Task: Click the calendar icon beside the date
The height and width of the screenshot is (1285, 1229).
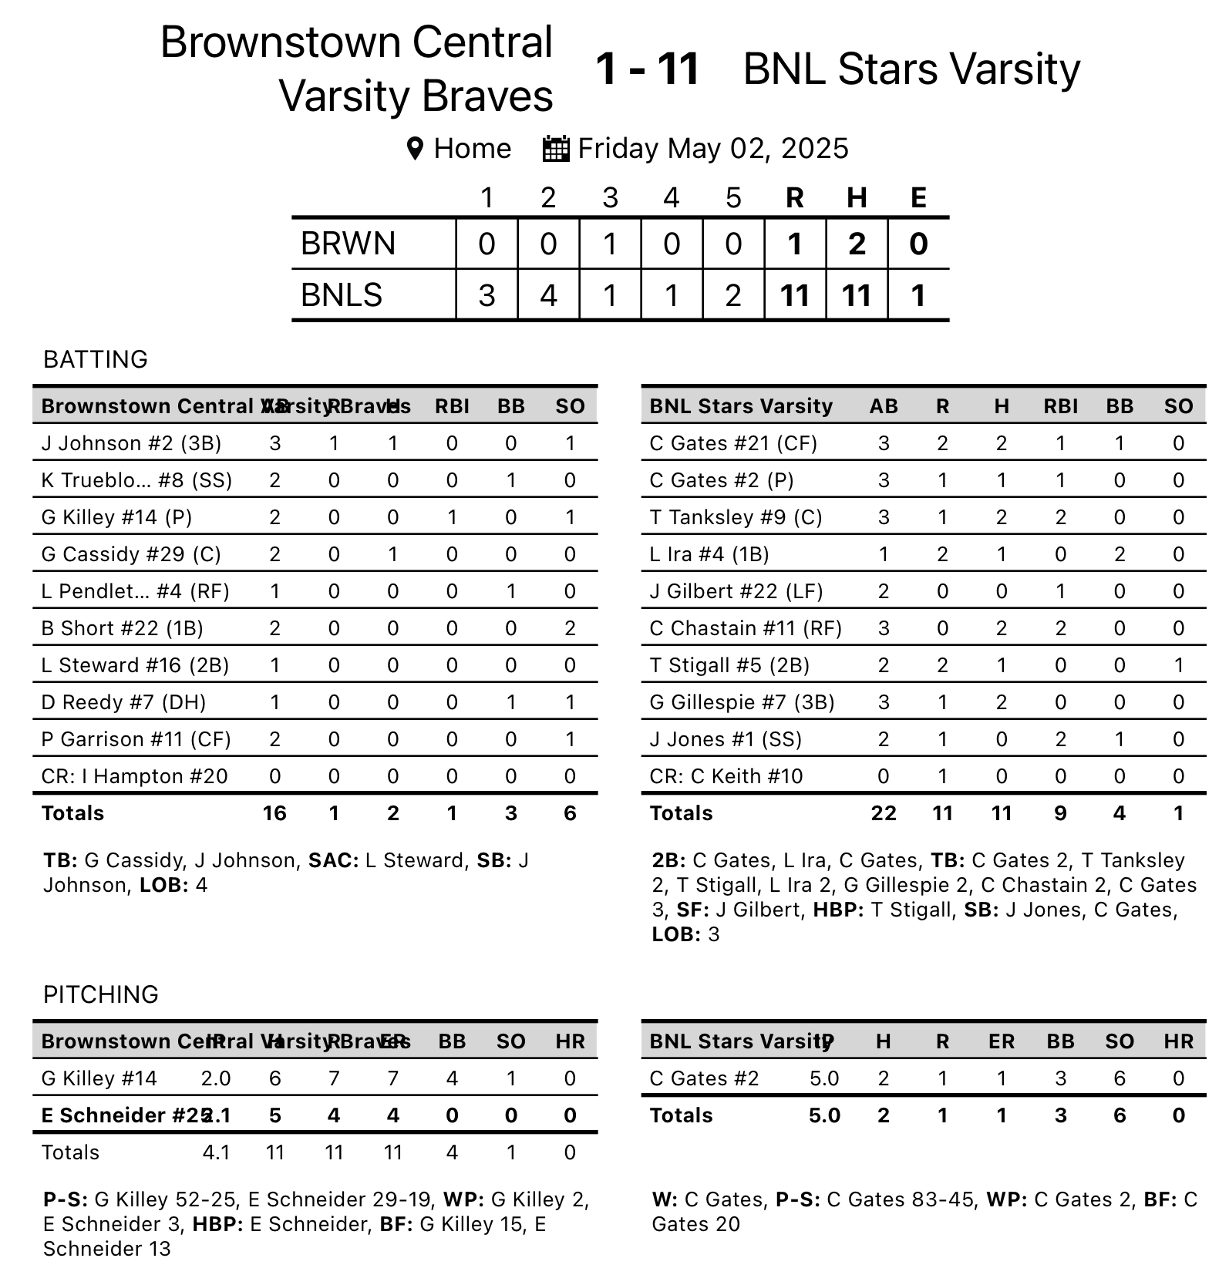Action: (556, 149)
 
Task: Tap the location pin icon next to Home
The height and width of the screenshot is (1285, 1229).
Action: (415, 149)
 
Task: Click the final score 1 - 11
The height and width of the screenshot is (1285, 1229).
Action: (648, 69)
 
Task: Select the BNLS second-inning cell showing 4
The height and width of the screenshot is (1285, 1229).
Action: (548, 295)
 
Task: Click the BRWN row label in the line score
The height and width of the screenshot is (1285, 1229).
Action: (348, 244)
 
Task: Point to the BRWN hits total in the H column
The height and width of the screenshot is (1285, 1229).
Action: (857, 244)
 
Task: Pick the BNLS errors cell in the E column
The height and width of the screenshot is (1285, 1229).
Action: (918, 295)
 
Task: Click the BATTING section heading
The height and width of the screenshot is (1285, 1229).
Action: (96, 359)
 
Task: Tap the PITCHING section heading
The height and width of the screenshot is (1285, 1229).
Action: (101, 994)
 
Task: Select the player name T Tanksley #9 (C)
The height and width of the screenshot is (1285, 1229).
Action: (736, 517)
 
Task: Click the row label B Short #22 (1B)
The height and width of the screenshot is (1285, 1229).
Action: (123, 628)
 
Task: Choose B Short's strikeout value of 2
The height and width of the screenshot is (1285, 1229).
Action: (570, 628)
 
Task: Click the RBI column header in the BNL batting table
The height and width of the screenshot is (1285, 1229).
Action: (1060, 406)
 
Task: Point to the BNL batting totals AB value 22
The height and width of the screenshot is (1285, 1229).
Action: (884, 813)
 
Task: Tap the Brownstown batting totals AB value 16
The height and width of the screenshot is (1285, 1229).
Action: (274, 813)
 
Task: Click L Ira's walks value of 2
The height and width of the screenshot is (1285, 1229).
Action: (1120, 554)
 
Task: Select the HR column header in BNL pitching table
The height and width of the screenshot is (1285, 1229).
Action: (1178, 1041)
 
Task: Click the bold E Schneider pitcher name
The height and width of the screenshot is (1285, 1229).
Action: (123, 1115)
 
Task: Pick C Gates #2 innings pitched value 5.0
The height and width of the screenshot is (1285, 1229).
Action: (824, 1078)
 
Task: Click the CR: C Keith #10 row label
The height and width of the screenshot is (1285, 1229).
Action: (726, 776)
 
